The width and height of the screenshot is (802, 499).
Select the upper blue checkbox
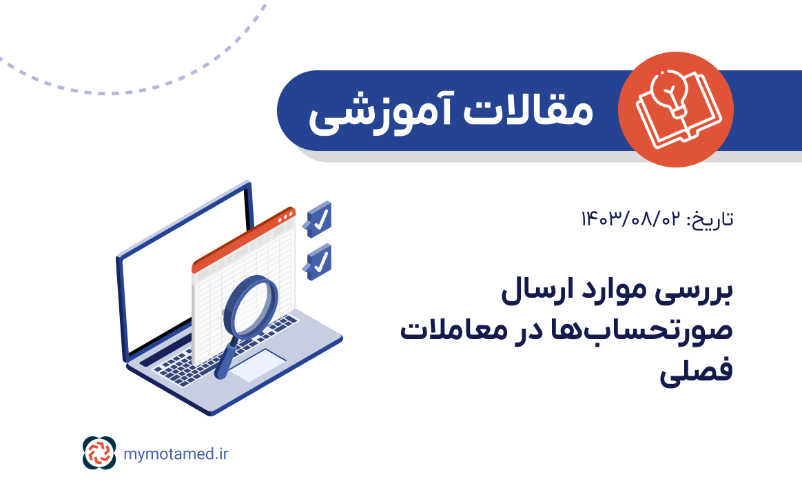[320, 218]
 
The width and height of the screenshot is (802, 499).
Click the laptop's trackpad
[256, 365]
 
